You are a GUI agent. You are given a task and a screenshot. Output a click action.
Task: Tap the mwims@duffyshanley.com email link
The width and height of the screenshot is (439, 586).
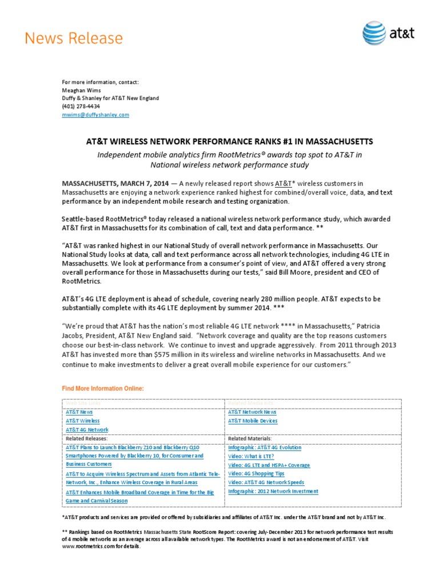(95, 114)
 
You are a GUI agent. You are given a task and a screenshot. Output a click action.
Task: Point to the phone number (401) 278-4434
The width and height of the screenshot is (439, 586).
(81, 106)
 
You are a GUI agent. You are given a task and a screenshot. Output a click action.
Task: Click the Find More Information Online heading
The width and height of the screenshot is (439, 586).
(103, 389)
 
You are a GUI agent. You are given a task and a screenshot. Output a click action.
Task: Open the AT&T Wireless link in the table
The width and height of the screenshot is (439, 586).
(82, 421)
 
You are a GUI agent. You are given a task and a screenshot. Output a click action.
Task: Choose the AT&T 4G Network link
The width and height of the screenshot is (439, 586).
(87, 429)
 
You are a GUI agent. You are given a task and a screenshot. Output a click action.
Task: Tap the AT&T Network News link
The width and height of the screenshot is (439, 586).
(252, 411)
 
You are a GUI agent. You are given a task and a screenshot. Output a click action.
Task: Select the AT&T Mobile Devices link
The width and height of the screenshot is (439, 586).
(253, 421)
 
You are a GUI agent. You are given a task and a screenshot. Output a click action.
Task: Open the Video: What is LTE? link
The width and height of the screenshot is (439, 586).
(251, 456)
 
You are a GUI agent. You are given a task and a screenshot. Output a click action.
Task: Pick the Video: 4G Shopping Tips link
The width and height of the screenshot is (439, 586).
(256, 474)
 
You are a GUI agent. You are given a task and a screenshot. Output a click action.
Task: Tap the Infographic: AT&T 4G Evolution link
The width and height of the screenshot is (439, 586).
(265, 447)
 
